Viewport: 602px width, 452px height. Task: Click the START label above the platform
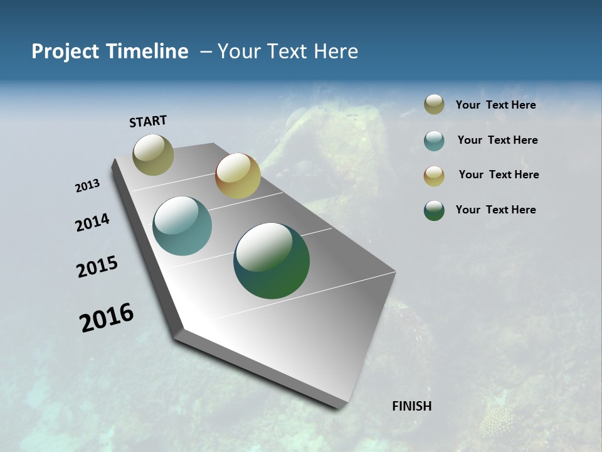148,121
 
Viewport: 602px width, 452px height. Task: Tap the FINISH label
411,406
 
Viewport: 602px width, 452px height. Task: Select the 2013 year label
87,186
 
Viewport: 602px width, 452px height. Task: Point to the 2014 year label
92,223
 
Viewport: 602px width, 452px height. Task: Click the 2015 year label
97,267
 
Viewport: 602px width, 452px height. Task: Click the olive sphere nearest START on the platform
153,154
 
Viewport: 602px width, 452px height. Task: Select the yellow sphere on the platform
238,176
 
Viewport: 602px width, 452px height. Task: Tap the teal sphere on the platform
182,226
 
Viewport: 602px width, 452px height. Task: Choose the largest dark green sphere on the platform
272,261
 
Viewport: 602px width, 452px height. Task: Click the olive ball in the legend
434,104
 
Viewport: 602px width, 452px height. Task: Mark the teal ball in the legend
434,141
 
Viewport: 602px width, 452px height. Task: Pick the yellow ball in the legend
434,176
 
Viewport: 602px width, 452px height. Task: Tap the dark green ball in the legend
434,210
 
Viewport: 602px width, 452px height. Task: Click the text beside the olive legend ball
495,105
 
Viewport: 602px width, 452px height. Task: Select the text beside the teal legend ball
497,140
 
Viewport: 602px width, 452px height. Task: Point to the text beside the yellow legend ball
499,175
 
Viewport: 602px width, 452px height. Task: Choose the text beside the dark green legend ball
495,210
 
